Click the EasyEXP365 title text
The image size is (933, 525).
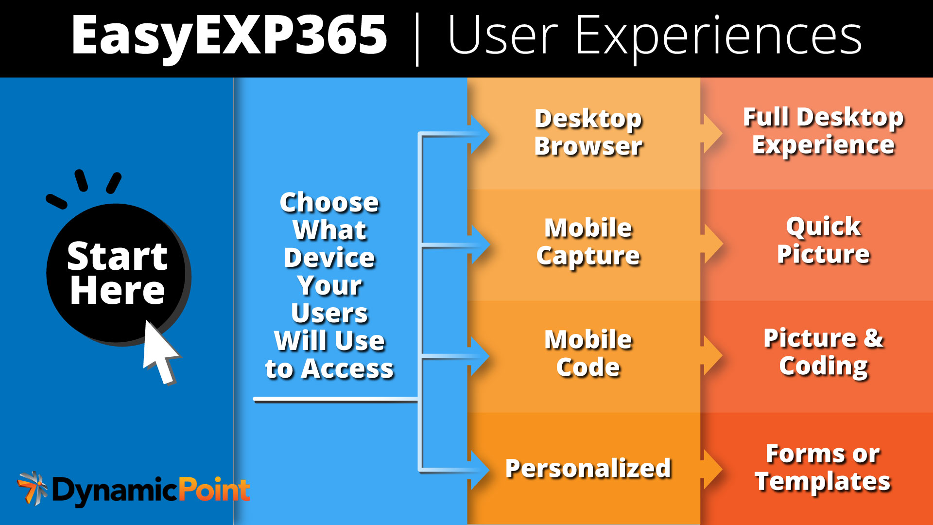(x=228, y=35)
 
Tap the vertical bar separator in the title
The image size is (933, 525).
(x=417, y=39)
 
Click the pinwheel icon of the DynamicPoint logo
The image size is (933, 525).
(x=32, y=488)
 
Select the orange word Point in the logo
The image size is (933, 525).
(x=214, y=490)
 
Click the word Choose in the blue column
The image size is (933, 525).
(x=329, y=202)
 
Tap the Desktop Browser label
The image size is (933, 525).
(x=588, y=132)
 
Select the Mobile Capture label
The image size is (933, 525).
(x=588, y=242)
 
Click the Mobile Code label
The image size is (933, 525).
(x=588, y=353)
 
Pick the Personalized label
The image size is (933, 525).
(x=588, y=468)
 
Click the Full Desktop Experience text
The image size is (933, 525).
(x=823, y=131)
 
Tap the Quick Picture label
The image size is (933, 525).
(x=823, y=240)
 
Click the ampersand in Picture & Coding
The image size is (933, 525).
(x=873, y=338)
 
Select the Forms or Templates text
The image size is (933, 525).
(x=823, y=468)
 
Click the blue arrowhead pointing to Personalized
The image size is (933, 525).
(x=480, y=470)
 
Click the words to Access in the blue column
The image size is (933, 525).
(x=329, y=368)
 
